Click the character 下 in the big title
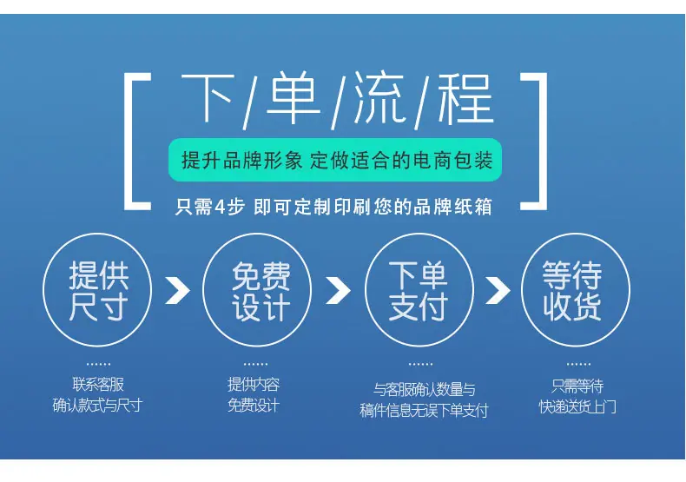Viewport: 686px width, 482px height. [x=207, y=98]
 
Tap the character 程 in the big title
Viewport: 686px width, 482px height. [x=466, y=99]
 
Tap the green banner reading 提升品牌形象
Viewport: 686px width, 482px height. [x=335, y=160]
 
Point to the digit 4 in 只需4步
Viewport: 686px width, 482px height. [x=221, y=207]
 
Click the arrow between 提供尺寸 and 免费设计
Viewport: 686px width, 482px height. [x=178, y=290]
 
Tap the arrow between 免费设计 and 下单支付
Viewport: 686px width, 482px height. [x=338, y=290]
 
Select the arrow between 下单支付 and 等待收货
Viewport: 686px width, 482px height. [x=498, y=290]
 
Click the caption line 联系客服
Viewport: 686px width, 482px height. [x=98, y=385]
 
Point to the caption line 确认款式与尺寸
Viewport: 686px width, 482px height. [x=97, y=406]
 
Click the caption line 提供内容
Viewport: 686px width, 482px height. [x=254, y=385]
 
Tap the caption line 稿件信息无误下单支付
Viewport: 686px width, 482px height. [x=424, y=411]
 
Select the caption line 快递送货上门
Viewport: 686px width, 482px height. [x=577, y=407]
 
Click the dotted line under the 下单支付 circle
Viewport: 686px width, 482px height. [x=420, y=364]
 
